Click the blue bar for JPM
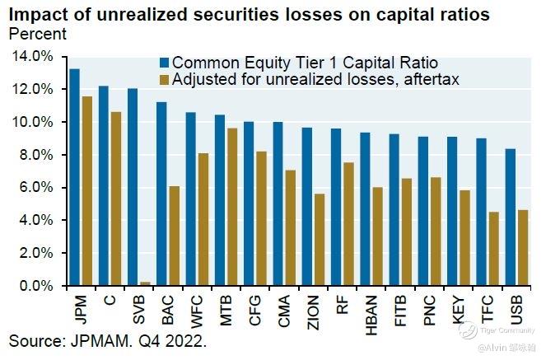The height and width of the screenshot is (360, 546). pos(74,177)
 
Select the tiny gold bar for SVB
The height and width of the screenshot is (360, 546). pos(145,284)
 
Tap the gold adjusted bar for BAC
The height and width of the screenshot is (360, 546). pos(174,236)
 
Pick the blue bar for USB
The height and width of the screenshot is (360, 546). pos(510,217)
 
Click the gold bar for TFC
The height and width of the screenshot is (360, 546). pos(492,249)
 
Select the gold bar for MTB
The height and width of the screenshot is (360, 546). pos(232,207)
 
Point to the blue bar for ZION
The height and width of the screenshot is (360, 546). pos(306,207)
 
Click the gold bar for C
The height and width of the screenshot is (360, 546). pos(116,199)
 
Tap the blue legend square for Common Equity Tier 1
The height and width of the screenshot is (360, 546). pos(162,63)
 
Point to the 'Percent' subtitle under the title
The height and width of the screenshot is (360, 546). pos(37,35)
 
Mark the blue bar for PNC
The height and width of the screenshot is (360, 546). pos(423,211)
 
